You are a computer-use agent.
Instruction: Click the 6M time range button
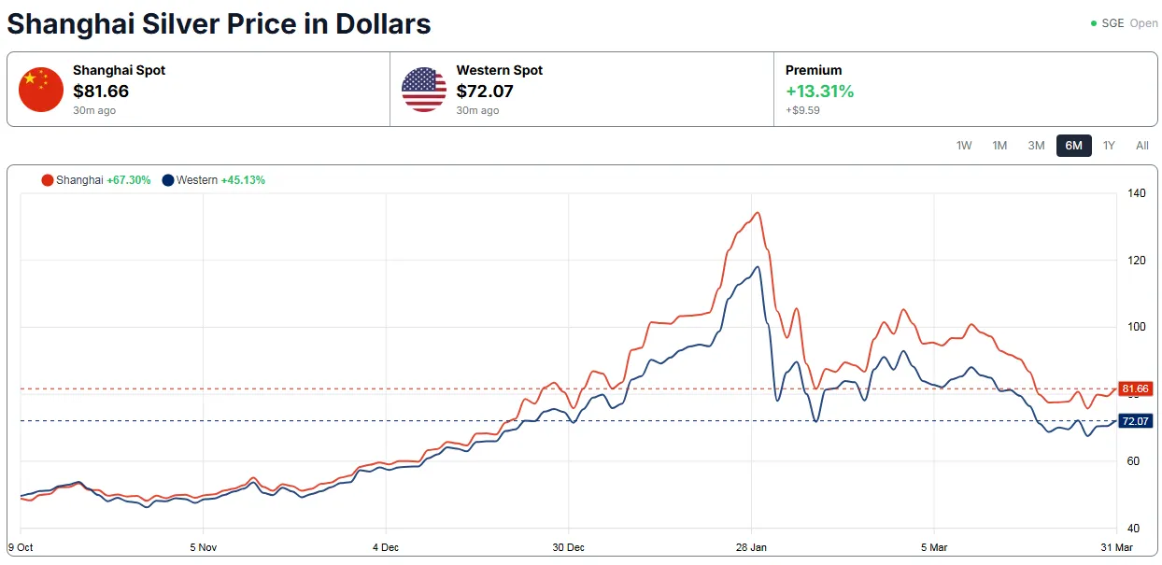click(x=1073, y=146)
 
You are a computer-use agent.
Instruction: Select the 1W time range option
click(x=964, y=146)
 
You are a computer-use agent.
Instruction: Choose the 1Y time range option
click(x=1109, y=146)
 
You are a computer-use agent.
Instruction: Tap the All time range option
click(x=1141, y=146)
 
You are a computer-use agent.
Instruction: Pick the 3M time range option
click(x=1036, y=146)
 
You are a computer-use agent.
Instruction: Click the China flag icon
click(x=41, y=90)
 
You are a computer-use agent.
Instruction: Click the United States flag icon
click(x=424, y=90)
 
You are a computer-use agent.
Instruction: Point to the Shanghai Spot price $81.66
click(x=101, y=91)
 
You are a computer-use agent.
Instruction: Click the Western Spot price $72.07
click(x=485, y=91)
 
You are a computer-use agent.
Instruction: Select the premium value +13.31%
click(x=819, y=92)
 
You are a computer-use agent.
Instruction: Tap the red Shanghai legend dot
click(x=48, y=180)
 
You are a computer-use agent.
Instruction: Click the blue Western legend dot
click(x=167, y=180)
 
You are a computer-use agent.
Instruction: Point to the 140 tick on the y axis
click(x=1136, y=193)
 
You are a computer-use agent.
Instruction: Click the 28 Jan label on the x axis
click(x=751, y=547)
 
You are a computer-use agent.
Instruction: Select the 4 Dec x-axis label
click(x=386, y=547)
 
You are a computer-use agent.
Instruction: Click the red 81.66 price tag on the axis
click(x=1135, y=388)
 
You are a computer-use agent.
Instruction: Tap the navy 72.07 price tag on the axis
click(x=1135, y=421)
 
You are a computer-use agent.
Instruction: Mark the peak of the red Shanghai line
click(x=758, y=212)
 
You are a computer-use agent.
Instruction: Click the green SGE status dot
click(x=1094, y=23)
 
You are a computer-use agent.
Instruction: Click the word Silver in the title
click(x=180, y=24)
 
